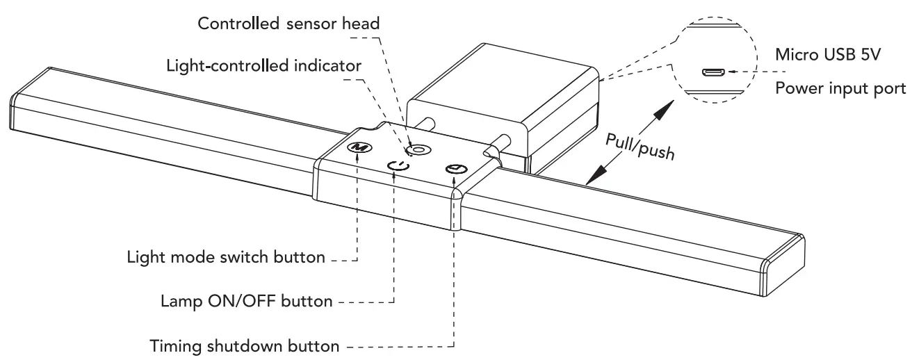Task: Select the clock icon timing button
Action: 455,169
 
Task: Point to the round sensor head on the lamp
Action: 418,149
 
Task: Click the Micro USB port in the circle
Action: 712,72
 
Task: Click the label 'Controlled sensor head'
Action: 289,23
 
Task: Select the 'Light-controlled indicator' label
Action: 264,66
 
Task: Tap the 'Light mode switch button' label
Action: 226,257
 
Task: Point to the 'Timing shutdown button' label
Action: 245,345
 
